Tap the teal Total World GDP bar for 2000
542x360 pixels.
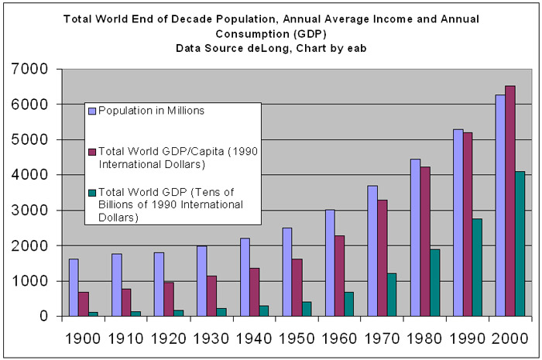(520, 243)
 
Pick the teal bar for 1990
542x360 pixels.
(478, 267)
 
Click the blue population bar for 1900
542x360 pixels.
(74, 287)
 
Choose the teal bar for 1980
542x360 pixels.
(435, 283)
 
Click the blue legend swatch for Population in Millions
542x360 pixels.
(92, 111)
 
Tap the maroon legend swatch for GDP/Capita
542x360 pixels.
(92, 152)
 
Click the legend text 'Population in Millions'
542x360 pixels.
(151, 111)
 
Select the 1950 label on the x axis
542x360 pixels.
(297, 340)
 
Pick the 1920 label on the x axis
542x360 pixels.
(170, 340)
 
